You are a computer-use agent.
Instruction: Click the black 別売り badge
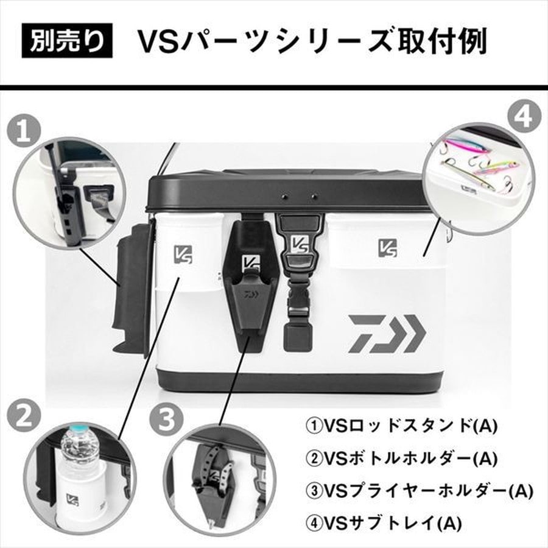67,42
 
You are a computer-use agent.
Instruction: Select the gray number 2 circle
23,418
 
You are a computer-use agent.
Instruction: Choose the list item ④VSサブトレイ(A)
384,522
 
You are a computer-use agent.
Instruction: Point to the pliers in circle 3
214,476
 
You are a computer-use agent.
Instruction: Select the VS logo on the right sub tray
387,247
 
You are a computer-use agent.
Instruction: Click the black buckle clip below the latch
298,304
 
